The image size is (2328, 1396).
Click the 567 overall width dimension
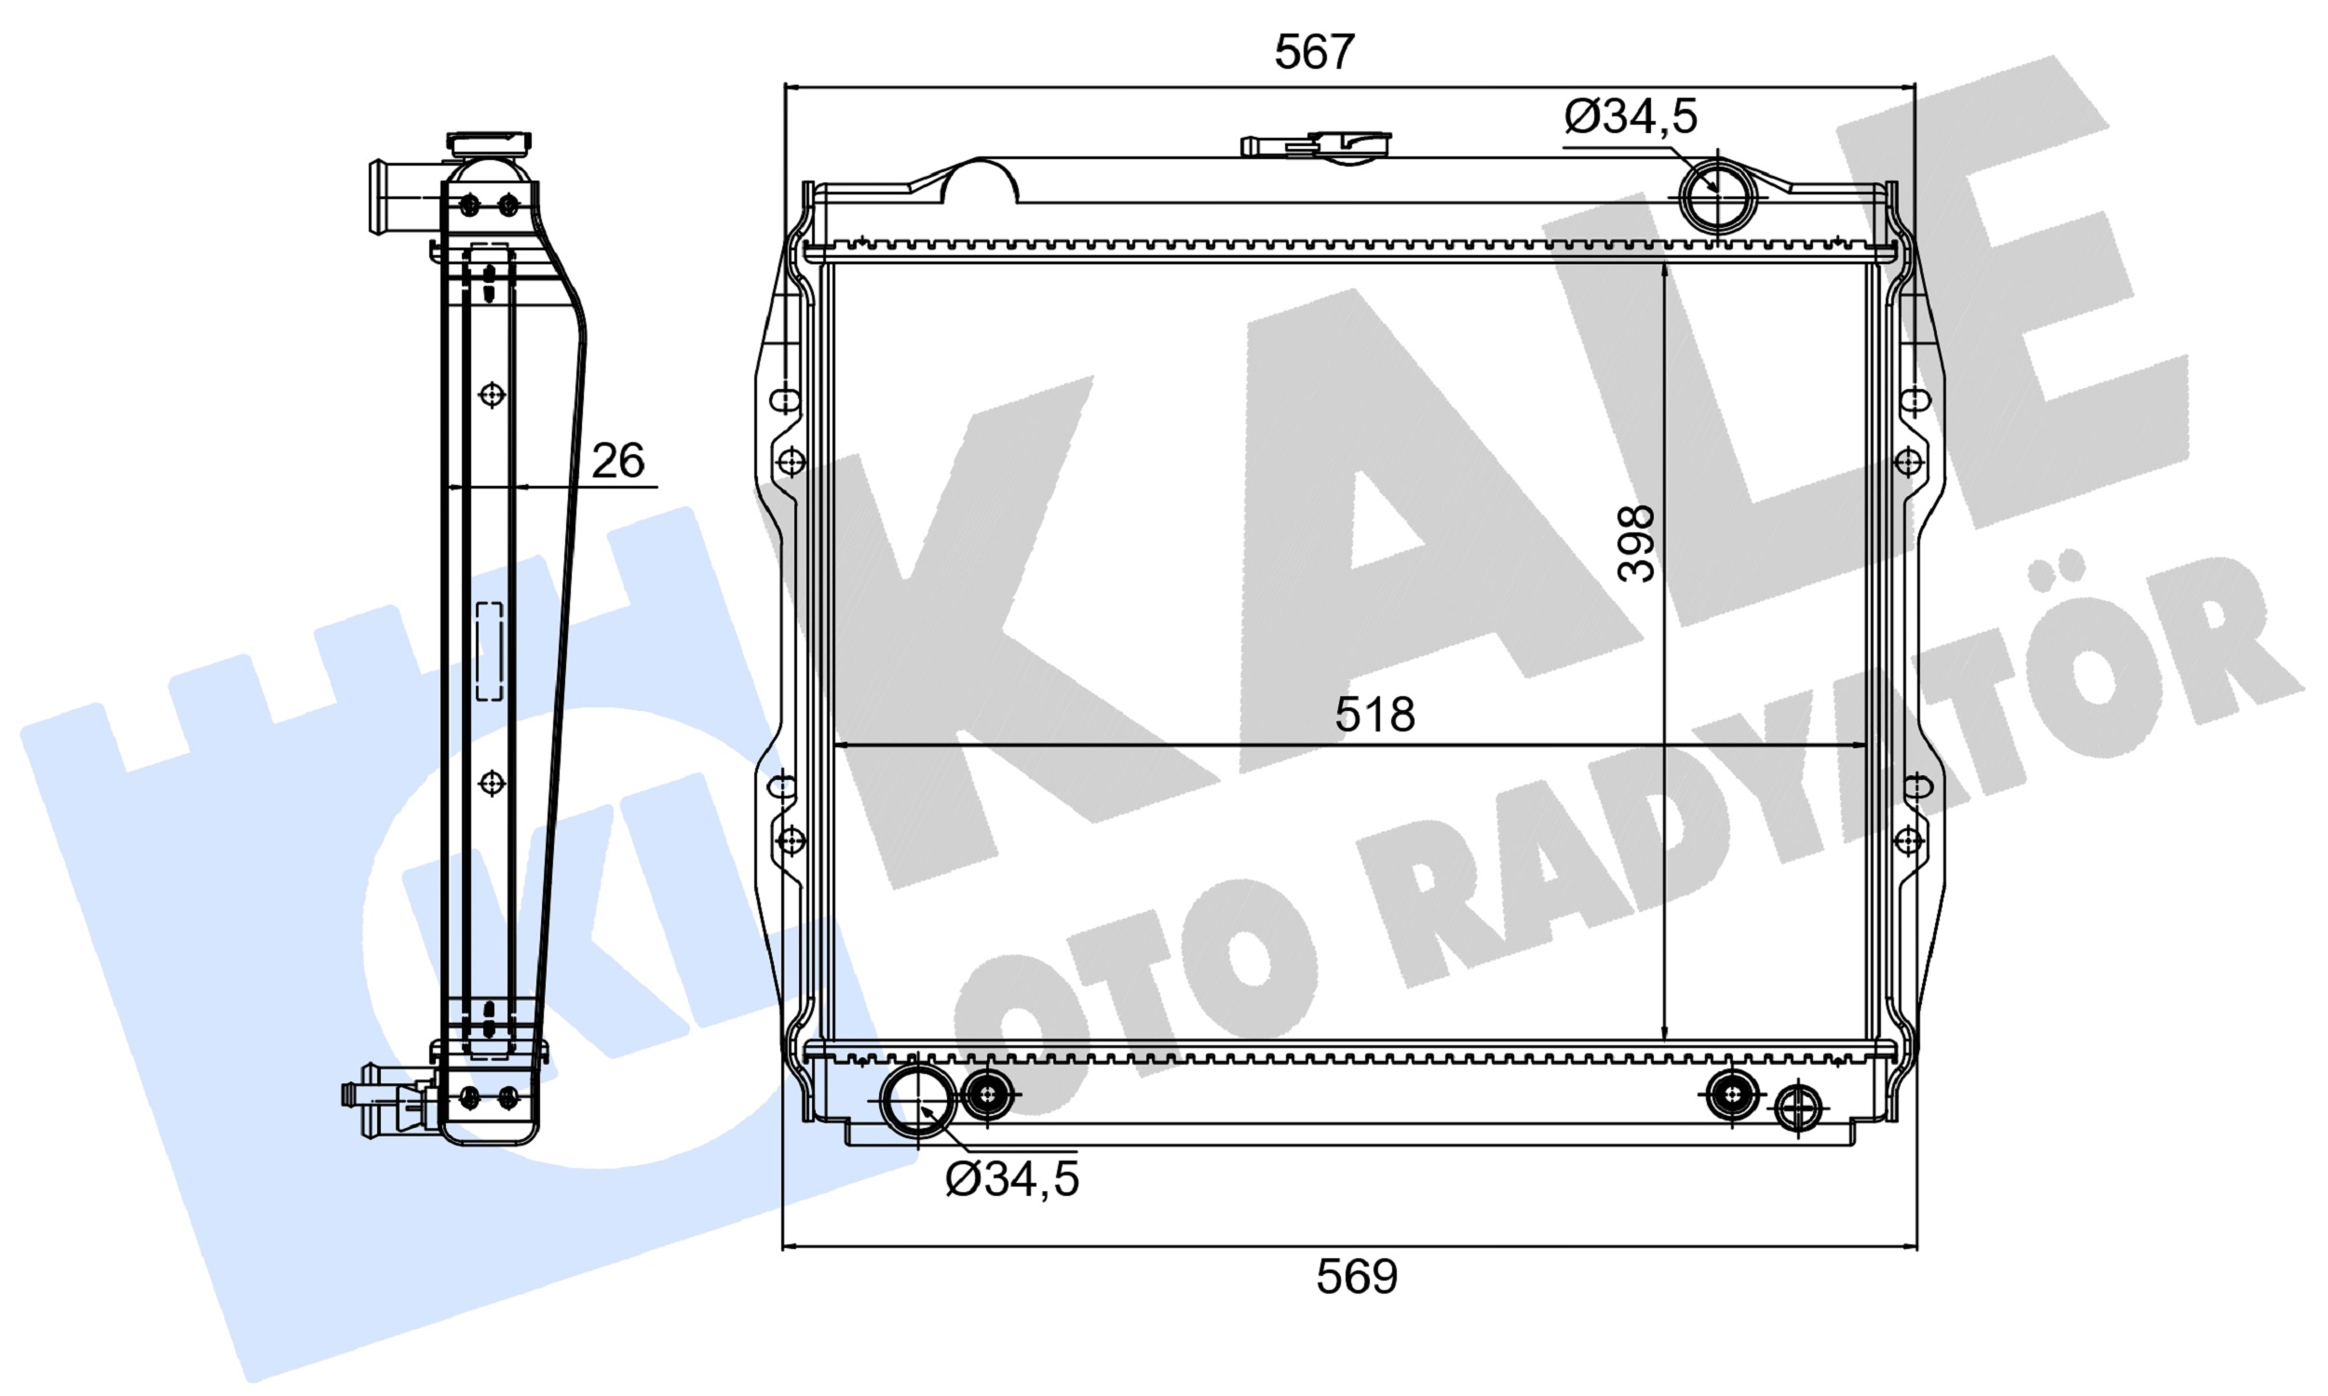pyautogui.click(x=1314, y=52)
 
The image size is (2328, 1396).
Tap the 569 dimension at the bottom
pyautogui.click(x=1356, y=1278)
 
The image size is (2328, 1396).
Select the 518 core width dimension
pyautogui.click(x=1374, y=715)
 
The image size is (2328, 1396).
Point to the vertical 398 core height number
pyautogui.click(x=1636, y=544)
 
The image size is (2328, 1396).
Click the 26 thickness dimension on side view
pyautogui.click(x=617, y=461)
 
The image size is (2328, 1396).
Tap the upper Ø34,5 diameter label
pyautogui.click(x=1631, y=116)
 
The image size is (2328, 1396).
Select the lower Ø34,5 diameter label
pyautogui.click(x=1011, y=1179)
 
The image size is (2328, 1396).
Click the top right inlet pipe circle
pyautogui.click(x=1718, y=198)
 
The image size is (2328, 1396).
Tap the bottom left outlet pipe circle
pyautogui.click(x=918, y=1101)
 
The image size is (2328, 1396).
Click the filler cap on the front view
pyautogui.click(x=1318, y=146)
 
